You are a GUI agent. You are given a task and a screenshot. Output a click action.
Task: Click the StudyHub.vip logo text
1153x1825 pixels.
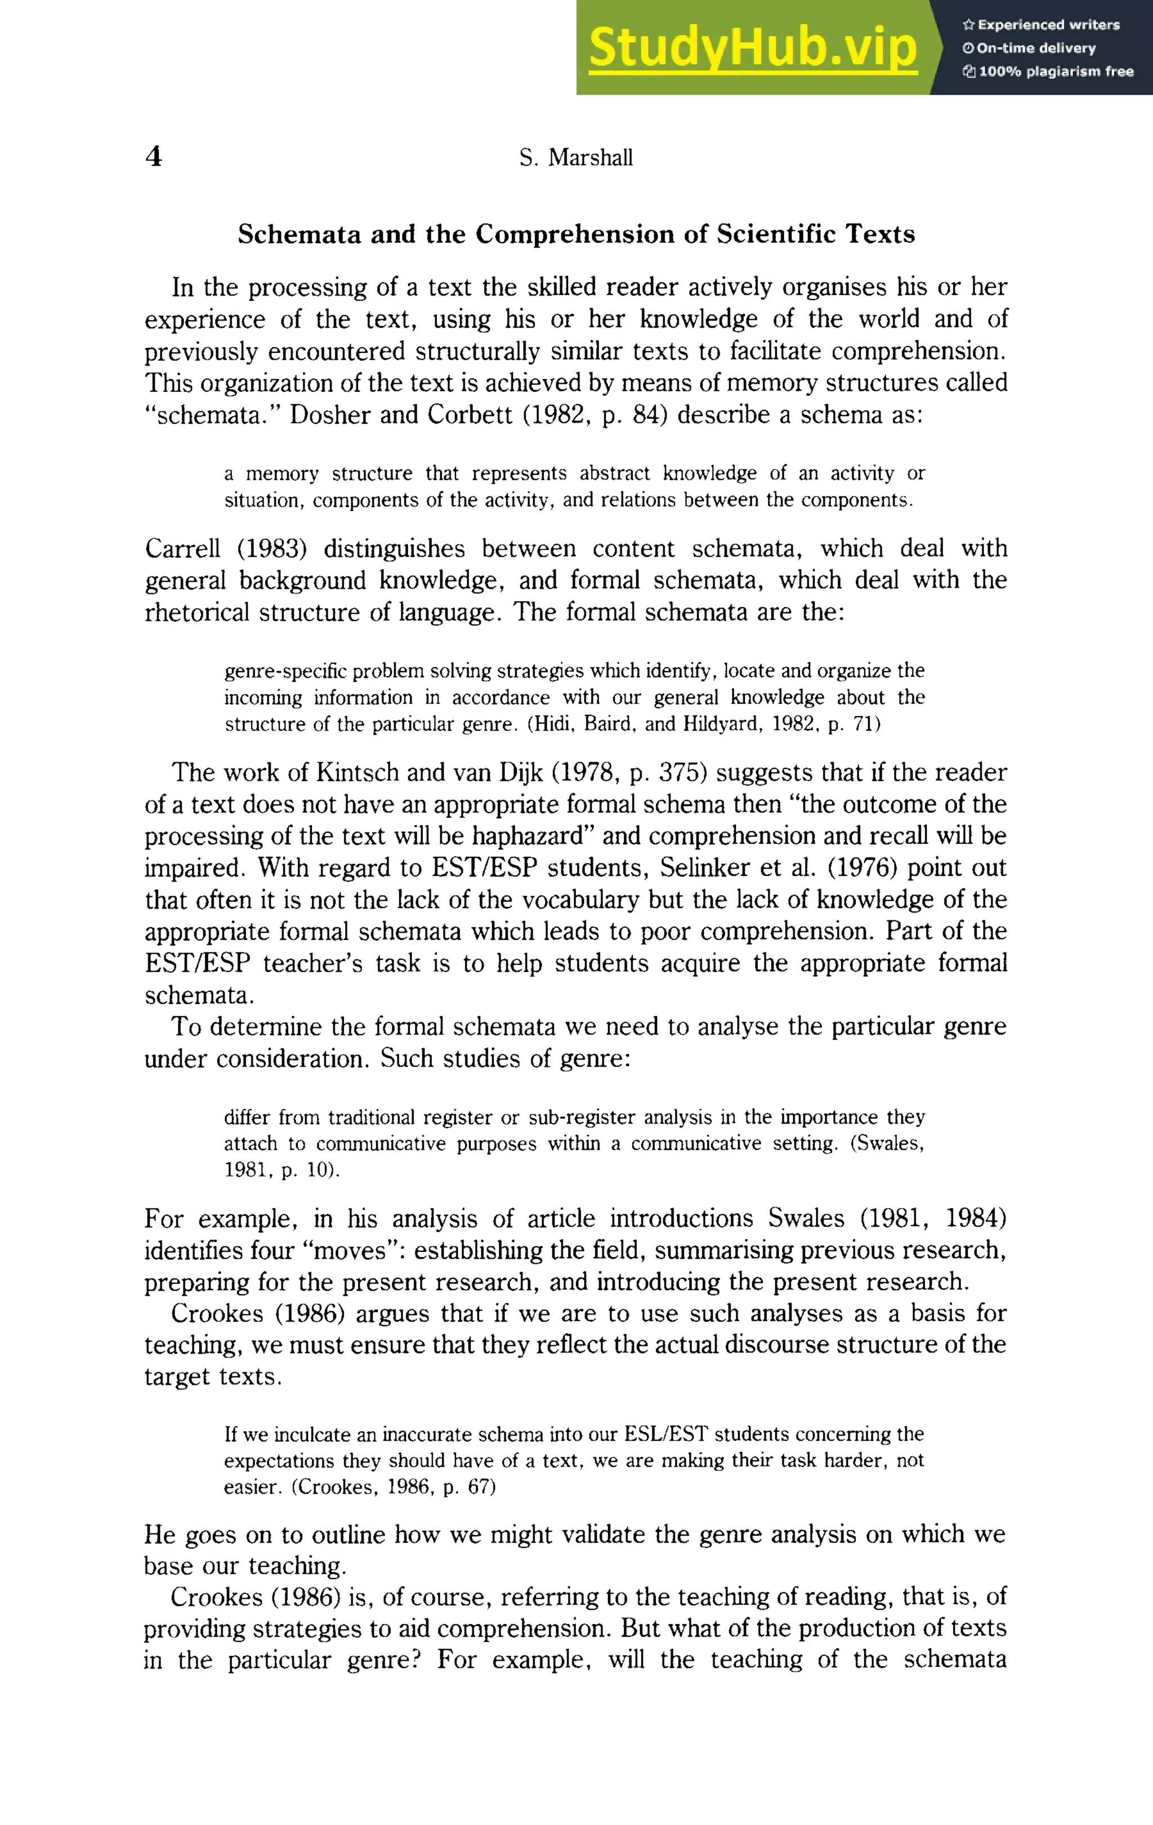click(x=753, y=47)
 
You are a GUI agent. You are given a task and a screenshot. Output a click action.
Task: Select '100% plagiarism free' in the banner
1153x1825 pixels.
click(x=1056, y=72)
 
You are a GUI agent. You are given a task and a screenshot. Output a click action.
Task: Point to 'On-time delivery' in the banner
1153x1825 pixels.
click(x=1036, y=48)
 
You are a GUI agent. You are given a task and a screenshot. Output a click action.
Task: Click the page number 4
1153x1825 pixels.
click(x=153, y=157)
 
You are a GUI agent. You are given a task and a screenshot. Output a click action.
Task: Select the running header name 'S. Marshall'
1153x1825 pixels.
click(x=576, y=158)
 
